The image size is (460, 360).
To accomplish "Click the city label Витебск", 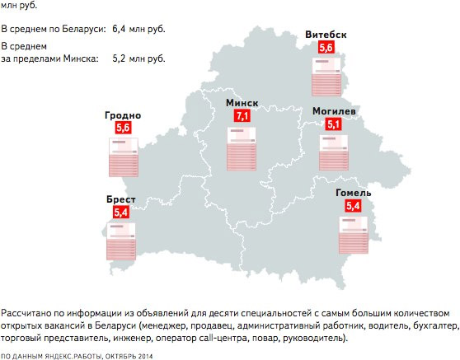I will pos(325,34).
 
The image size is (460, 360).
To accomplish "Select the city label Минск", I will pos(242,102).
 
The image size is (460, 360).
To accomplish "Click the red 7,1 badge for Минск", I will pos(242,117).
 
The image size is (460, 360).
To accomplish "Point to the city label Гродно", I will pos(123,115).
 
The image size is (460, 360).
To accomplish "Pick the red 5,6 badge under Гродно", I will pos(123,129).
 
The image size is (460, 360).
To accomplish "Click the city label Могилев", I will pos(334,110).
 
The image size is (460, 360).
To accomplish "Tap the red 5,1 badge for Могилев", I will pos(334,124).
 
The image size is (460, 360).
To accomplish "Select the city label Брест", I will pos(120,199).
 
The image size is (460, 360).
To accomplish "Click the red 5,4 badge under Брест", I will pos(121,213).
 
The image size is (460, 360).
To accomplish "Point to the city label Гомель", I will pos(353,192).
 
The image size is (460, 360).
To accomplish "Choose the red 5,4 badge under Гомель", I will pos(354,206).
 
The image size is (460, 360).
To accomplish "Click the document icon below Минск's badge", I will pos(242,147).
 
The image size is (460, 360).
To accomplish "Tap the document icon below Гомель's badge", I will pos(354,234).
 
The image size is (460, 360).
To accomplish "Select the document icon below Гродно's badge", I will pos(123,158).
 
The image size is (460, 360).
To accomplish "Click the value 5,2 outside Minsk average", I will pos(123,58).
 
